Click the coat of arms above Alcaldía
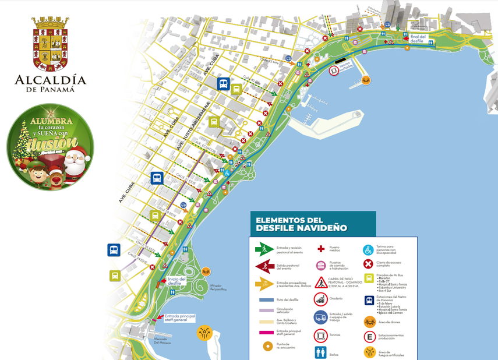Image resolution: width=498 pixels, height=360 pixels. tap(50, 43)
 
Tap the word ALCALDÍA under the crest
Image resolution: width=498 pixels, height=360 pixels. tap(50, 80)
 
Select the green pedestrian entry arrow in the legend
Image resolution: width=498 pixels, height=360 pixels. tap(264, 249)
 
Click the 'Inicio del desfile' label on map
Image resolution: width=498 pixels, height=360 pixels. tap(176, 281)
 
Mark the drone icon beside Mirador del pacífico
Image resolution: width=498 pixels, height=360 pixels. tap(206, 271)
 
